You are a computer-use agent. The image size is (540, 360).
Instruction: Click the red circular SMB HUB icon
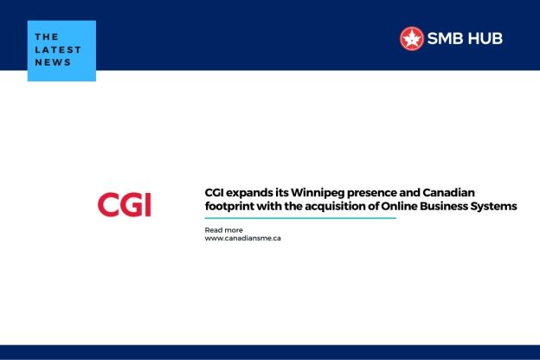tap(411, 38)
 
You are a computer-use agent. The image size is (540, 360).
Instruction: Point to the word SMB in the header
tap(445, 38)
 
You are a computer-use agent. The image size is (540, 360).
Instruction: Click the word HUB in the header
tap(484, 38)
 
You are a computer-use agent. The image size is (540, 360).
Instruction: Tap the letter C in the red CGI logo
tap(109, 204)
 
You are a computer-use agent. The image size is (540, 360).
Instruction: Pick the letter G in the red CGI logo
tap(131, 204)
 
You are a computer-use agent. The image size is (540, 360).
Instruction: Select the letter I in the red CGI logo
tap(147, 204)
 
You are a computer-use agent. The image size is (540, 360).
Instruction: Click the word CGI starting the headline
tap(214, 192)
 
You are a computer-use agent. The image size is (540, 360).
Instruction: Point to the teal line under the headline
tap(299, 218)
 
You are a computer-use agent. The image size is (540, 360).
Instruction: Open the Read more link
tap(223, 229)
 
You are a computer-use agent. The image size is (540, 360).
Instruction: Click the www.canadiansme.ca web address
tap(242, 238)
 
